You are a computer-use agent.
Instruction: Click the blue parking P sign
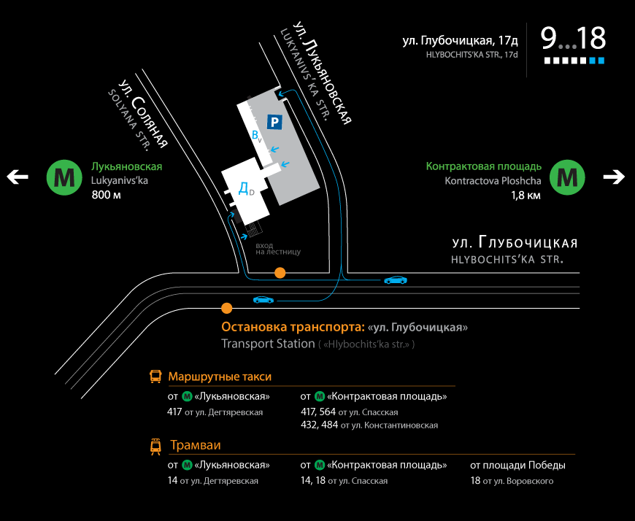coord(274,122)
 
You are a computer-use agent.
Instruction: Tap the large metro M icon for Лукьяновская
coord(64,177)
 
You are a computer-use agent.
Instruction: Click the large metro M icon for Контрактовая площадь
coord(567,177)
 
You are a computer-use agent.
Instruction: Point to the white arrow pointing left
coord(18,177)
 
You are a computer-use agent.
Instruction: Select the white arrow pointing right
coord(614,177)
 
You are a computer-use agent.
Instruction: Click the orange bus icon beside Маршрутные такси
coord(155,377)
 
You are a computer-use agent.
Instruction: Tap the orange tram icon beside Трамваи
coord(155,447)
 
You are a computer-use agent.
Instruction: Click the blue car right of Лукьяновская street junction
coord(396,279)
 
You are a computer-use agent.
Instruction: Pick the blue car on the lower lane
coord(263,300)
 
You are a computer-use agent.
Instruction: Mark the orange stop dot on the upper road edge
coord(280,273)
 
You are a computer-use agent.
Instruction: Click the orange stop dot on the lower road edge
coord(227,308)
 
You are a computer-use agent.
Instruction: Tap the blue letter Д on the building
coord(243,188)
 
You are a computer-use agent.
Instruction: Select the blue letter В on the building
coord(255,134)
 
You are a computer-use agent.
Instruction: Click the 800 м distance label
coord(106,195)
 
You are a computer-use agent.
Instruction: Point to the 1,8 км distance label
coord(526,196)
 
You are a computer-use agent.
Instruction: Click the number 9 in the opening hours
coord(549,39)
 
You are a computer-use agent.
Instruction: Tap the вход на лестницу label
coord(278,249)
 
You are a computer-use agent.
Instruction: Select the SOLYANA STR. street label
coord(128,120)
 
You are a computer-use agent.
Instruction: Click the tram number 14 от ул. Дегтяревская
coord(212,481)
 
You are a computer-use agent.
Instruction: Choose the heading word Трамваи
coord(196,445)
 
